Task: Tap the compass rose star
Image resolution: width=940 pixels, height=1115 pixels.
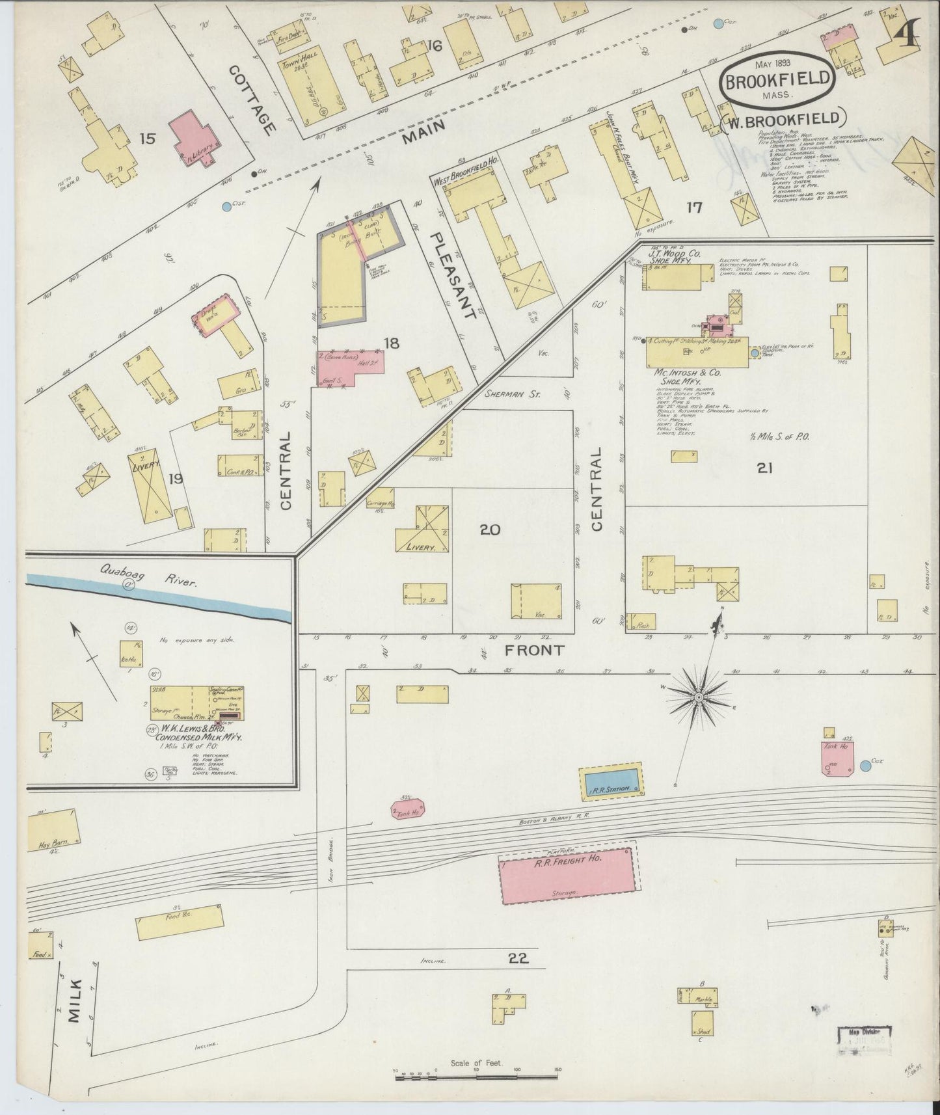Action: tap(698, 696)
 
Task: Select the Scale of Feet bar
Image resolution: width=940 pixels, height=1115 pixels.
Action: tap(479, 1078)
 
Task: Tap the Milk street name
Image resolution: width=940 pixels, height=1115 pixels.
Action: tap(74, 1001)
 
